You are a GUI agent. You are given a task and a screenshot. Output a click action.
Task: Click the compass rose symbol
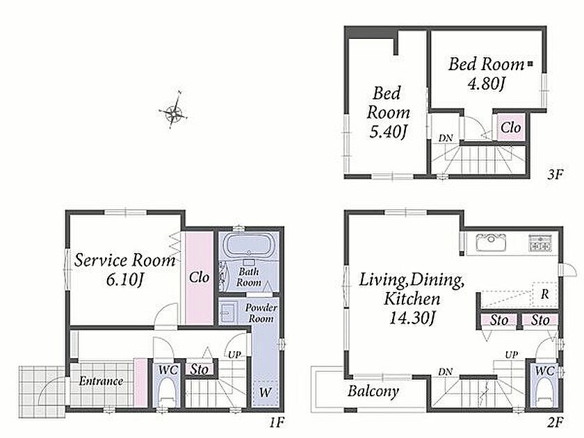click(174, 111)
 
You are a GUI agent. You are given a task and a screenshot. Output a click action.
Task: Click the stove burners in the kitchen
click(540, 243)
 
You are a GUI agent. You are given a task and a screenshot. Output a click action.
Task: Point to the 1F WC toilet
click(167, 394)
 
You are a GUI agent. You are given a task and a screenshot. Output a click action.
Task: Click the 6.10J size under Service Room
click(124, 279)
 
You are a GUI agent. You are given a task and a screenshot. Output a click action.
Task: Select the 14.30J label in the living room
click(412, 318)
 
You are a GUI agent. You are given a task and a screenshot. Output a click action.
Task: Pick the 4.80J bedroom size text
click(486, 83)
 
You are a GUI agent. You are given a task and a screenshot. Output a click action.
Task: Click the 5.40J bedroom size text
click(387, 131)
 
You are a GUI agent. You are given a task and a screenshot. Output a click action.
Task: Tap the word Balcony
click(373, 391)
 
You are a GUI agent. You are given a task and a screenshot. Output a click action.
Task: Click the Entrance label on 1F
click(101, 381)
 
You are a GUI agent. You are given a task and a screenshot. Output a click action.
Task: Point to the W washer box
click(265, 393)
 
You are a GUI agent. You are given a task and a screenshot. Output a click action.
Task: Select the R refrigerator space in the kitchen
click(545, 294)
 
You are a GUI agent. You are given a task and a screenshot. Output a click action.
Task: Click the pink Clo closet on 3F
click(510, 127)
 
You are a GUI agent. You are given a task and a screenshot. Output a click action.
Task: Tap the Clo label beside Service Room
click(199, 277)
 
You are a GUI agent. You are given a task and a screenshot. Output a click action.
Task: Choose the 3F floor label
click(555, 175)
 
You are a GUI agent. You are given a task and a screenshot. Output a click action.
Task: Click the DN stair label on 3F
click(446, 138)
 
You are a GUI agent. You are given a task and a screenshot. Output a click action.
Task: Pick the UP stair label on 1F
click(234, 355)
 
